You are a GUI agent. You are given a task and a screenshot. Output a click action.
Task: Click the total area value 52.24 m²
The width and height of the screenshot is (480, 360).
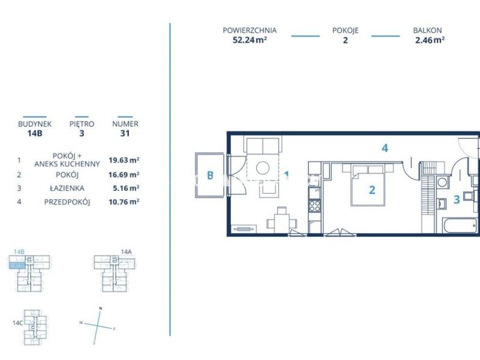(250, 40)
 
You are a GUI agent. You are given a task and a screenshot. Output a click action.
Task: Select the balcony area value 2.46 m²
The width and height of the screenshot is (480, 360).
(430, 40)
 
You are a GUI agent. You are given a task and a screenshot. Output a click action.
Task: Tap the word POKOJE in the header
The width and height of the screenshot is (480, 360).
(346, 31)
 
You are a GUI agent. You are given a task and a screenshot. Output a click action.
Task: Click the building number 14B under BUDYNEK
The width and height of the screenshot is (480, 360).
(35, 133)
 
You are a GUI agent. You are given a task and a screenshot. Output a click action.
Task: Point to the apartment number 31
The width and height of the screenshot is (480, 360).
(125, 133)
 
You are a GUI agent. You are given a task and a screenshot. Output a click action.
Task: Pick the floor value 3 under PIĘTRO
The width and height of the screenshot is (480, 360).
(82, 133)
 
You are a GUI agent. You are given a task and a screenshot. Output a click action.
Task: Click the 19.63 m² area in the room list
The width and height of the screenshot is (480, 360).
(124, 160)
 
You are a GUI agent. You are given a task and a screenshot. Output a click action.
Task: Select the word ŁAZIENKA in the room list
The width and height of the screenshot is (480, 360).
(67, 188)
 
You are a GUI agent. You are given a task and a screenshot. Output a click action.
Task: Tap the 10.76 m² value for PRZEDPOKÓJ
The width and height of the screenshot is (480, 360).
(124, 202)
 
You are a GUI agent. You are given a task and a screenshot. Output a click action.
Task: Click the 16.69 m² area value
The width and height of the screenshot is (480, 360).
(124, 175)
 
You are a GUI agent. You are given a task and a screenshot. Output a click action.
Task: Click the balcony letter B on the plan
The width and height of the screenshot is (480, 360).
(210, 175)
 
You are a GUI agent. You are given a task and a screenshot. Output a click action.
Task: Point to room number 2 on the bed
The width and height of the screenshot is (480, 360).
(372, 190)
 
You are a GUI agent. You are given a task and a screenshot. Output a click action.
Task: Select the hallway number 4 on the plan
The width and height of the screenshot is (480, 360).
(385, 148)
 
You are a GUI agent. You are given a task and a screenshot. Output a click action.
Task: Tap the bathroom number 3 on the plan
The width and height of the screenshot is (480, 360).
(457, 200)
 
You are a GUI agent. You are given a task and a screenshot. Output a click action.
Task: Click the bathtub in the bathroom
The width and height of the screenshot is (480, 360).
(460, 226)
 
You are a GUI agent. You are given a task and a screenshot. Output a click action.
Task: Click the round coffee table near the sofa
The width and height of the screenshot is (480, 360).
(263, 168)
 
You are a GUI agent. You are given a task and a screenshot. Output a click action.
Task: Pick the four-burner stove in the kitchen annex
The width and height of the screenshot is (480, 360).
(314, 206)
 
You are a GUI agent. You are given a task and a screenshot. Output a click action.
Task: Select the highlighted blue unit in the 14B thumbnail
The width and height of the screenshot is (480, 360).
(17, 265)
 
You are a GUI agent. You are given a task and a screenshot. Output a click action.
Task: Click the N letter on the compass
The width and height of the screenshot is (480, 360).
(100, 308)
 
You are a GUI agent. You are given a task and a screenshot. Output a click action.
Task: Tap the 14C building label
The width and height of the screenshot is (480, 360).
(18, 323)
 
